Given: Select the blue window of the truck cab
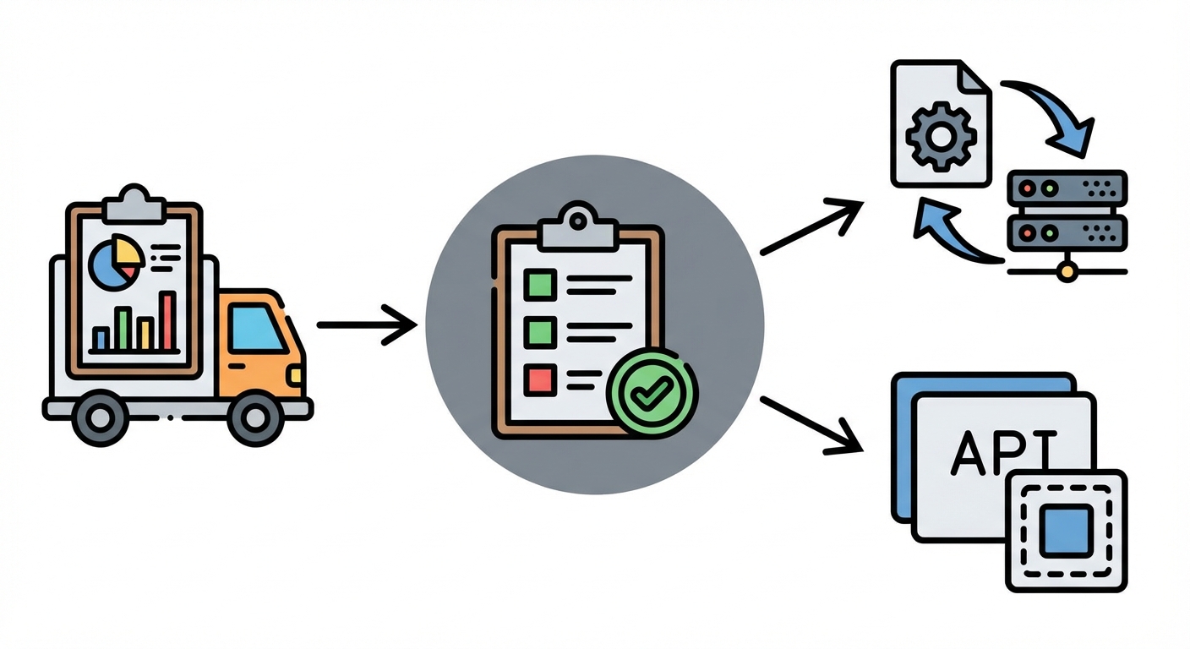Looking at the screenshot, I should pyautogui.click(x=255, y=329).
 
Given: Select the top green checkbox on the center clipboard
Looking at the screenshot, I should pyautogui.click(x=540, y=283).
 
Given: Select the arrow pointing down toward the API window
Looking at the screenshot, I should pyautogui.click(x=811, y=423).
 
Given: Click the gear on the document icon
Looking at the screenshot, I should pyautogui.click(x=941, y=134).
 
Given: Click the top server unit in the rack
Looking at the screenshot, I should pyautogui.click(x=1067, y=185).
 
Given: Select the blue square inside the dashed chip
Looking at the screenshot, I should pyautogui.click(x=1066, y=531).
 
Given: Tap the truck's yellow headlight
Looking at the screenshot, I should pyautogui.click(x=296, y=374).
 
